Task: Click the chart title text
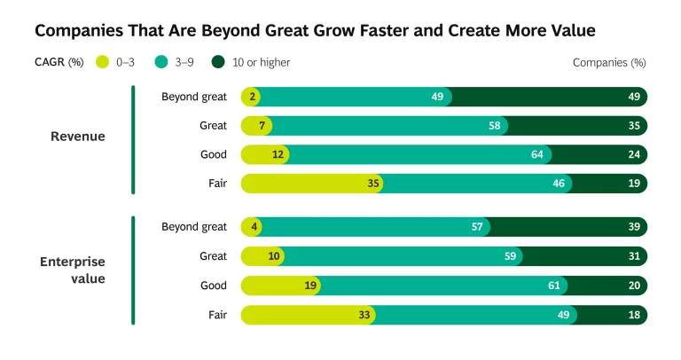point(314,31)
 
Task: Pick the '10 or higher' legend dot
point(218,63)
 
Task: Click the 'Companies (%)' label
point(609,63)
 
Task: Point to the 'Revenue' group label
point(77,137)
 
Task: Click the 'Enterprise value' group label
point(73,270)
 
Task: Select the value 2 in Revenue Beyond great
point(253,97)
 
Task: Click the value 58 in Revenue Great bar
point(494,126)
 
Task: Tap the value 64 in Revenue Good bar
point(536,155)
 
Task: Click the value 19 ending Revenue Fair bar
point(634,184)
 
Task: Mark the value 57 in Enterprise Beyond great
point(477,227)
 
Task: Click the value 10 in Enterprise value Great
point(274,256)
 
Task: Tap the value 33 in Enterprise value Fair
point(363,315)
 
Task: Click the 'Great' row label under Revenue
point(213,126)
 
